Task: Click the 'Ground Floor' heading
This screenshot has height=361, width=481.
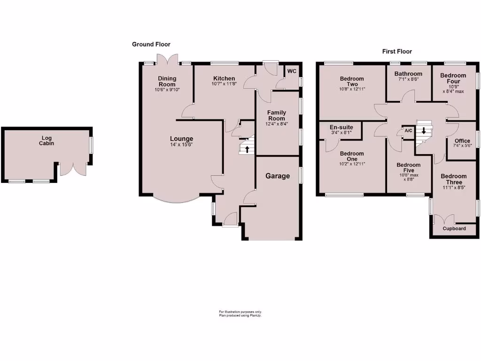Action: pos(151,44)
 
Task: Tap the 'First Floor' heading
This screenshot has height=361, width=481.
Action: pos(397,51)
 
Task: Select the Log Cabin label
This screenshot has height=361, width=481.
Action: pos(47,141)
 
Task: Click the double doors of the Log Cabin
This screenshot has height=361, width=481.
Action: pos(73,169)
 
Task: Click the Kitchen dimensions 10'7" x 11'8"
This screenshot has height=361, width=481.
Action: pos(224,84)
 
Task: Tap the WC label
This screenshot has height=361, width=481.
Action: pos(292,71)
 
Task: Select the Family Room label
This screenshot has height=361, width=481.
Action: pos(277,115)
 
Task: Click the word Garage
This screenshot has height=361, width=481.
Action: pos(278,176)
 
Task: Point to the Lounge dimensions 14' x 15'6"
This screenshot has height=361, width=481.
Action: pos(181,145)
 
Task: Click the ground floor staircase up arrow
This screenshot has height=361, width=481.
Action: pos(247,149)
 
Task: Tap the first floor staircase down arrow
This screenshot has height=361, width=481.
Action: pos(424,131)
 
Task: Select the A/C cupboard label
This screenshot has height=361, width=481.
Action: pos(408,130)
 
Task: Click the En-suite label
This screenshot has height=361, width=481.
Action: pos(341,127)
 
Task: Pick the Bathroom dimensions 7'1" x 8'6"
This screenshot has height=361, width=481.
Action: pos(408,79)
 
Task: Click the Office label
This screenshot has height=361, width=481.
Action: pos(462,141)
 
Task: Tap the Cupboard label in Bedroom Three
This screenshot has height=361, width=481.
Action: pos(454,229)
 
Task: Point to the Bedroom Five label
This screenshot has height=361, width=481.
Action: pos(408,167)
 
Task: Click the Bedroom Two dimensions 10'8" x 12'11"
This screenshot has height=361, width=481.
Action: pos(352,89)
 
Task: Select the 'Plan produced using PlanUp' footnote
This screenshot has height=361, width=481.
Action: pos(240,315)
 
